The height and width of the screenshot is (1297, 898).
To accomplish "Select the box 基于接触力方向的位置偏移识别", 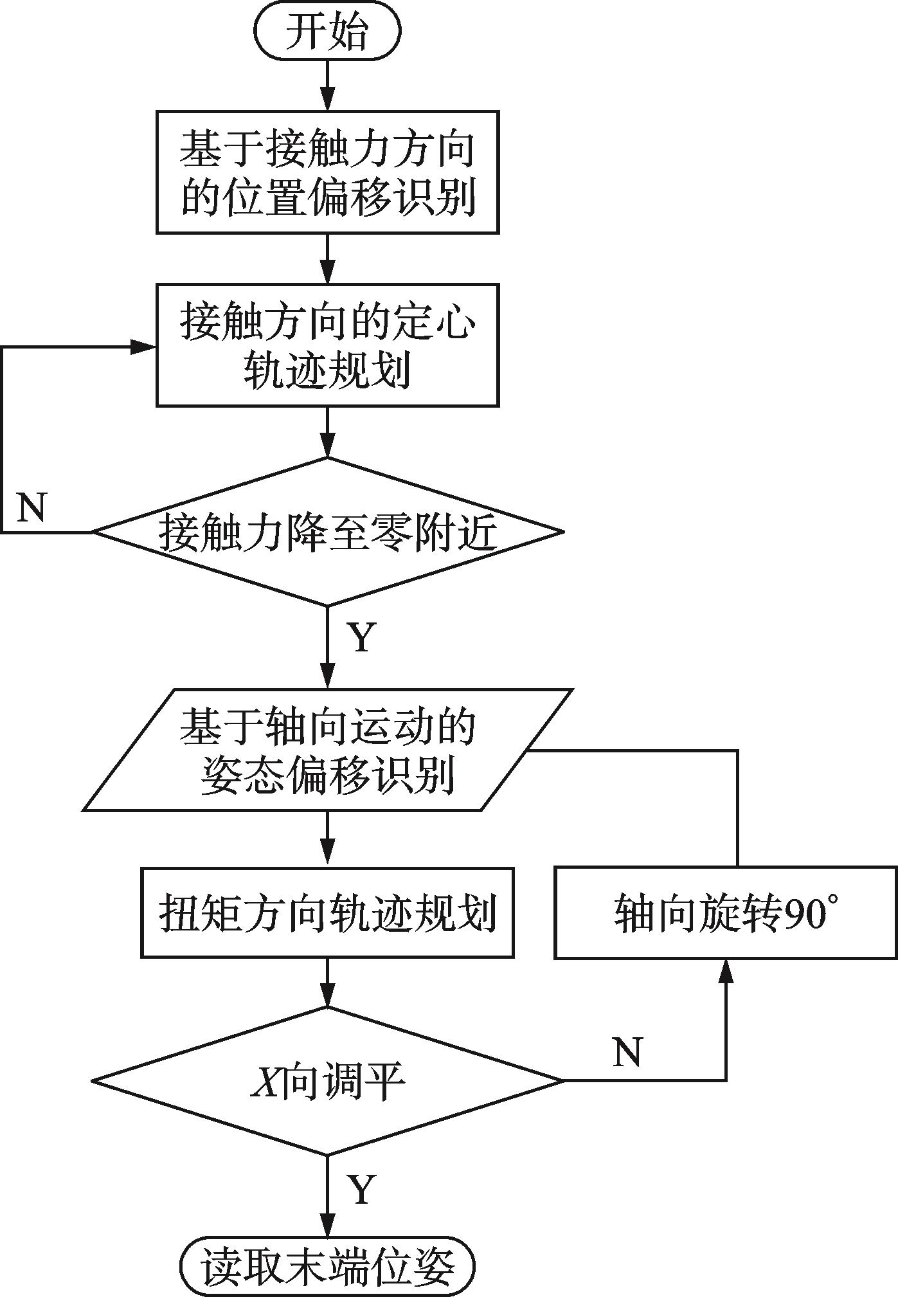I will tap(327, 172).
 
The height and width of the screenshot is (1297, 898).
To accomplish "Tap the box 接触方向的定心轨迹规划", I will tap(327, 345).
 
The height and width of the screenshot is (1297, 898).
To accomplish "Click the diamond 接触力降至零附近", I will tap(327, 532).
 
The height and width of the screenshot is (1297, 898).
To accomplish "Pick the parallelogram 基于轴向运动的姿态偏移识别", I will tap(327, 750).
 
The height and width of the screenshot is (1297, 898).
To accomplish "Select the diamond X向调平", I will tap(327, 1080).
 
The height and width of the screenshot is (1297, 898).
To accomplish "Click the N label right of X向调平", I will tap(627, 1053).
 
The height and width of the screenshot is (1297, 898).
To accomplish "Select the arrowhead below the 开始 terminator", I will tap(327, 99).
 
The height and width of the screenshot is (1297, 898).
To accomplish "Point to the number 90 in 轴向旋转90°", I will tap(805, 913).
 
